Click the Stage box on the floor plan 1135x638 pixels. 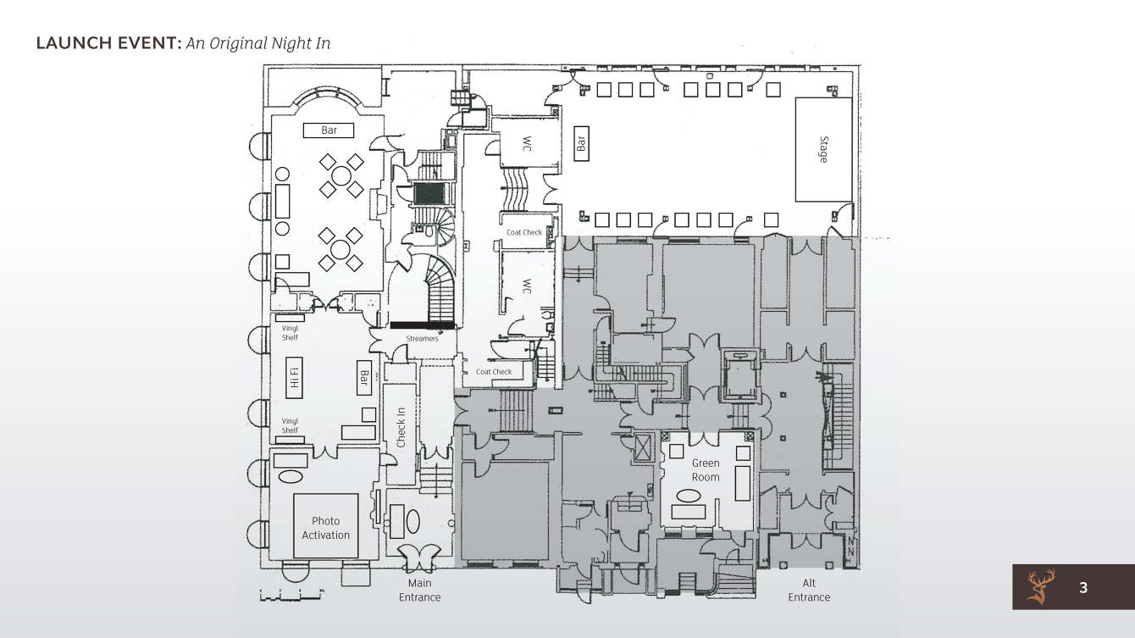pos(822,149)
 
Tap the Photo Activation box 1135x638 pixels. pos(325,526)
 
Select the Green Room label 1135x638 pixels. pos(706,470)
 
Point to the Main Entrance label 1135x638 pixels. pos(420,590)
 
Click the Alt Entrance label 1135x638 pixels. pos(809,590)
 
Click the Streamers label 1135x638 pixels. pos(423,339)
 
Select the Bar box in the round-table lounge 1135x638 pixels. pos(329,130)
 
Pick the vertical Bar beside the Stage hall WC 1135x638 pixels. pos(581,141)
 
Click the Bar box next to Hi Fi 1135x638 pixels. pos(363,378)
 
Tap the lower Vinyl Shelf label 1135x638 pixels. pos(290,425)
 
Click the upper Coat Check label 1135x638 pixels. pos(524,232)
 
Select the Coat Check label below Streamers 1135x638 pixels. pos(494,372)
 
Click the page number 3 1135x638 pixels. pos(1082,587)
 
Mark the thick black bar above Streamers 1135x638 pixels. pos(422,325)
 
